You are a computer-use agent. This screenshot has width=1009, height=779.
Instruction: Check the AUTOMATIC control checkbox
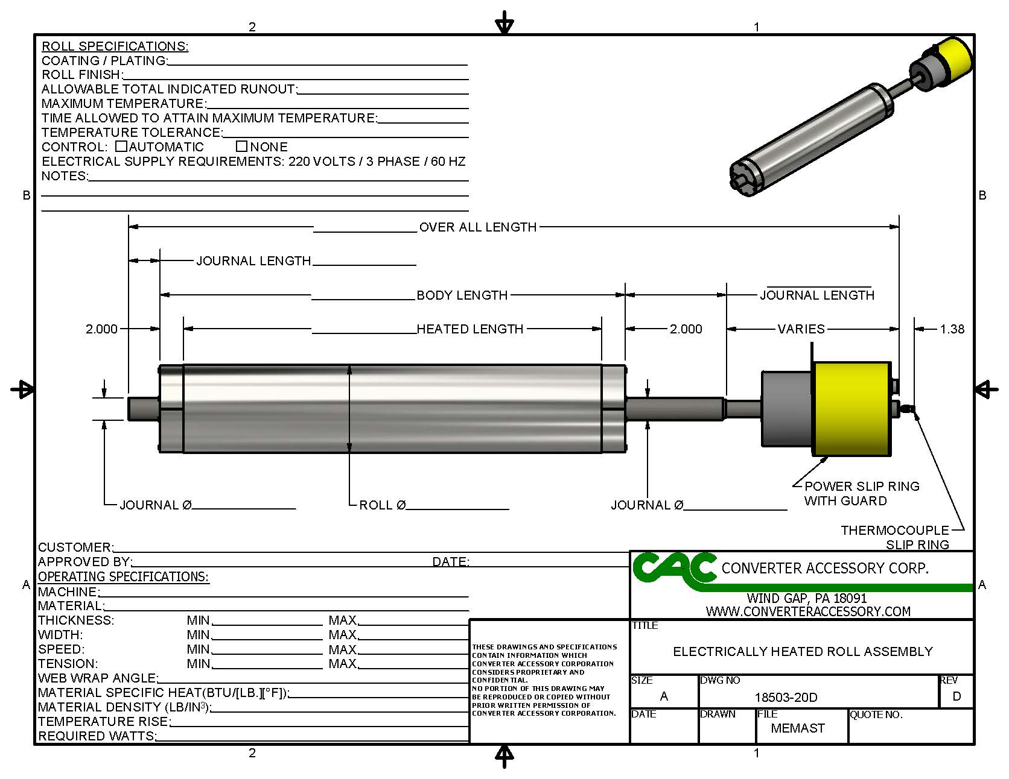pos(121,147)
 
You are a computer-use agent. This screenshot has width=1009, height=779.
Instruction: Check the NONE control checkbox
pos(242,147)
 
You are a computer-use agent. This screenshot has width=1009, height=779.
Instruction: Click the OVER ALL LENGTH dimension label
pos(477,227)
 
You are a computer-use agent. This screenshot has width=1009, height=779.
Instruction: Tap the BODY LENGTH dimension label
pos(462,295)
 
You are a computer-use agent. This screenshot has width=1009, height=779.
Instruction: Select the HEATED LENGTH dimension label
pos(470,329)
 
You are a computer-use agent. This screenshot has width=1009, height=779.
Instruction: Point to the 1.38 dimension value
pos(952,329)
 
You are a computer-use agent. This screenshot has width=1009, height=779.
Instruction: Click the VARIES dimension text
pos(801,329)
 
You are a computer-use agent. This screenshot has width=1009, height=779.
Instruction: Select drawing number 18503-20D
pos(786,698)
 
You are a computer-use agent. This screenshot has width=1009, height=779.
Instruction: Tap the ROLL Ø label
pos(382,505)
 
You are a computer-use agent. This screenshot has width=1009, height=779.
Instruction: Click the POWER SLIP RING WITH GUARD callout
pos(861,493)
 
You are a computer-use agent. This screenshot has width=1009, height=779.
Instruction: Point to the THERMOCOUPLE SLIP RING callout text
pos(895,537)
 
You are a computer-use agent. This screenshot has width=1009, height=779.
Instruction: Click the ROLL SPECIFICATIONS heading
pos(115,46)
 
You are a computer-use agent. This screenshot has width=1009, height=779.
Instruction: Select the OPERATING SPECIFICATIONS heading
pos(123,576)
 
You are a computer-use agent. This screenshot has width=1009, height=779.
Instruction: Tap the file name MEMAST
pos(797,728)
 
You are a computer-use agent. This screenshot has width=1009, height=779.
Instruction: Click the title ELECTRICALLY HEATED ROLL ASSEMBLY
pos(803,652)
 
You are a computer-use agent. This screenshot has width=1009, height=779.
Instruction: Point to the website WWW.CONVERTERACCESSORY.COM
pos(808,611)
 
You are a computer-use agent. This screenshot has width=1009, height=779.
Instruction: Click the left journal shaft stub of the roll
pos(143,408)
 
